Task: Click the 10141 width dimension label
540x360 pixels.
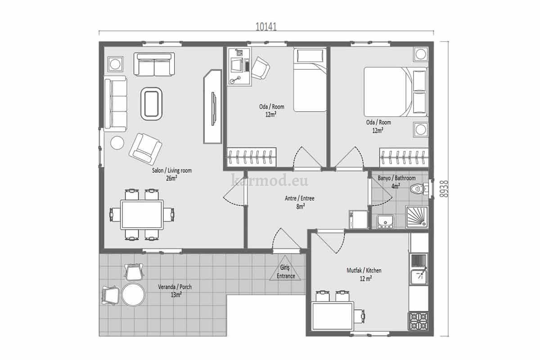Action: click(266, 27)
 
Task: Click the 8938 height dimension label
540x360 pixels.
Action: click(444, 189)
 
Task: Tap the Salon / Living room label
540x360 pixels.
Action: click(171, 171)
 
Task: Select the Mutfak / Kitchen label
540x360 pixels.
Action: click(364, 270)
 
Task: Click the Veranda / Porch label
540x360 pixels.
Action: click(175, 287)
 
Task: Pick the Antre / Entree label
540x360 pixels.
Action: click(300, 198)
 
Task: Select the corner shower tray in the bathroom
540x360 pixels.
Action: click(417, 217)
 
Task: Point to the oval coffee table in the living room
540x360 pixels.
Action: click(151, 103)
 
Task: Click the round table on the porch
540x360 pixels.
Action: click(133, 295)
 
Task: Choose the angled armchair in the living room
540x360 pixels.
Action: click(145, 149)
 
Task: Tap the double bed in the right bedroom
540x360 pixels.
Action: click(396, 92)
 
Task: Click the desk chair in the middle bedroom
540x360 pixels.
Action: click(261, 68)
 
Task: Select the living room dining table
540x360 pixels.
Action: click(142, 215)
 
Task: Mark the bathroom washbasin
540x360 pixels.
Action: click(385, 221)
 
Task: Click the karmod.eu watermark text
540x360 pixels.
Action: click(270, 180)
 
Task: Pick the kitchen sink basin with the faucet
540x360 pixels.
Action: click(419, 277)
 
